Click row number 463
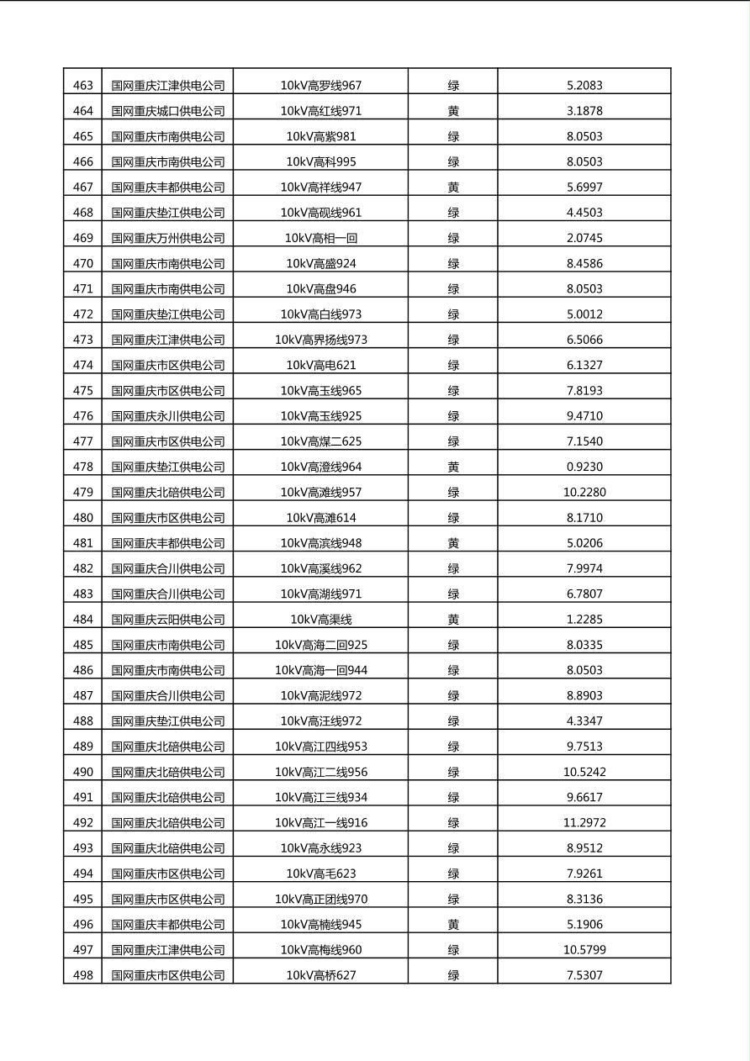83,86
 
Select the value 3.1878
584,111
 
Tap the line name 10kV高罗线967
321,86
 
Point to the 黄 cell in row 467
453,187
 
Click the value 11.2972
584,823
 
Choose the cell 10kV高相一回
321,238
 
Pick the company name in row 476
168,416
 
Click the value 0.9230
584,467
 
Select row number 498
83,975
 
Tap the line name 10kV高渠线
321,620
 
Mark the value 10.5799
584,950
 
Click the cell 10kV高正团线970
321,900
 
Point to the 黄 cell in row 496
453,925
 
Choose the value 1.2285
584,620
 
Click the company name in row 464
168,111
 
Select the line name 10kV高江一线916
321,823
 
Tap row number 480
83,518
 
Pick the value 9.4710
584,416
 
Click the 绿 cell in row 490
453,772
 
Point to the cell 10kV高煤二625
321,441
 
